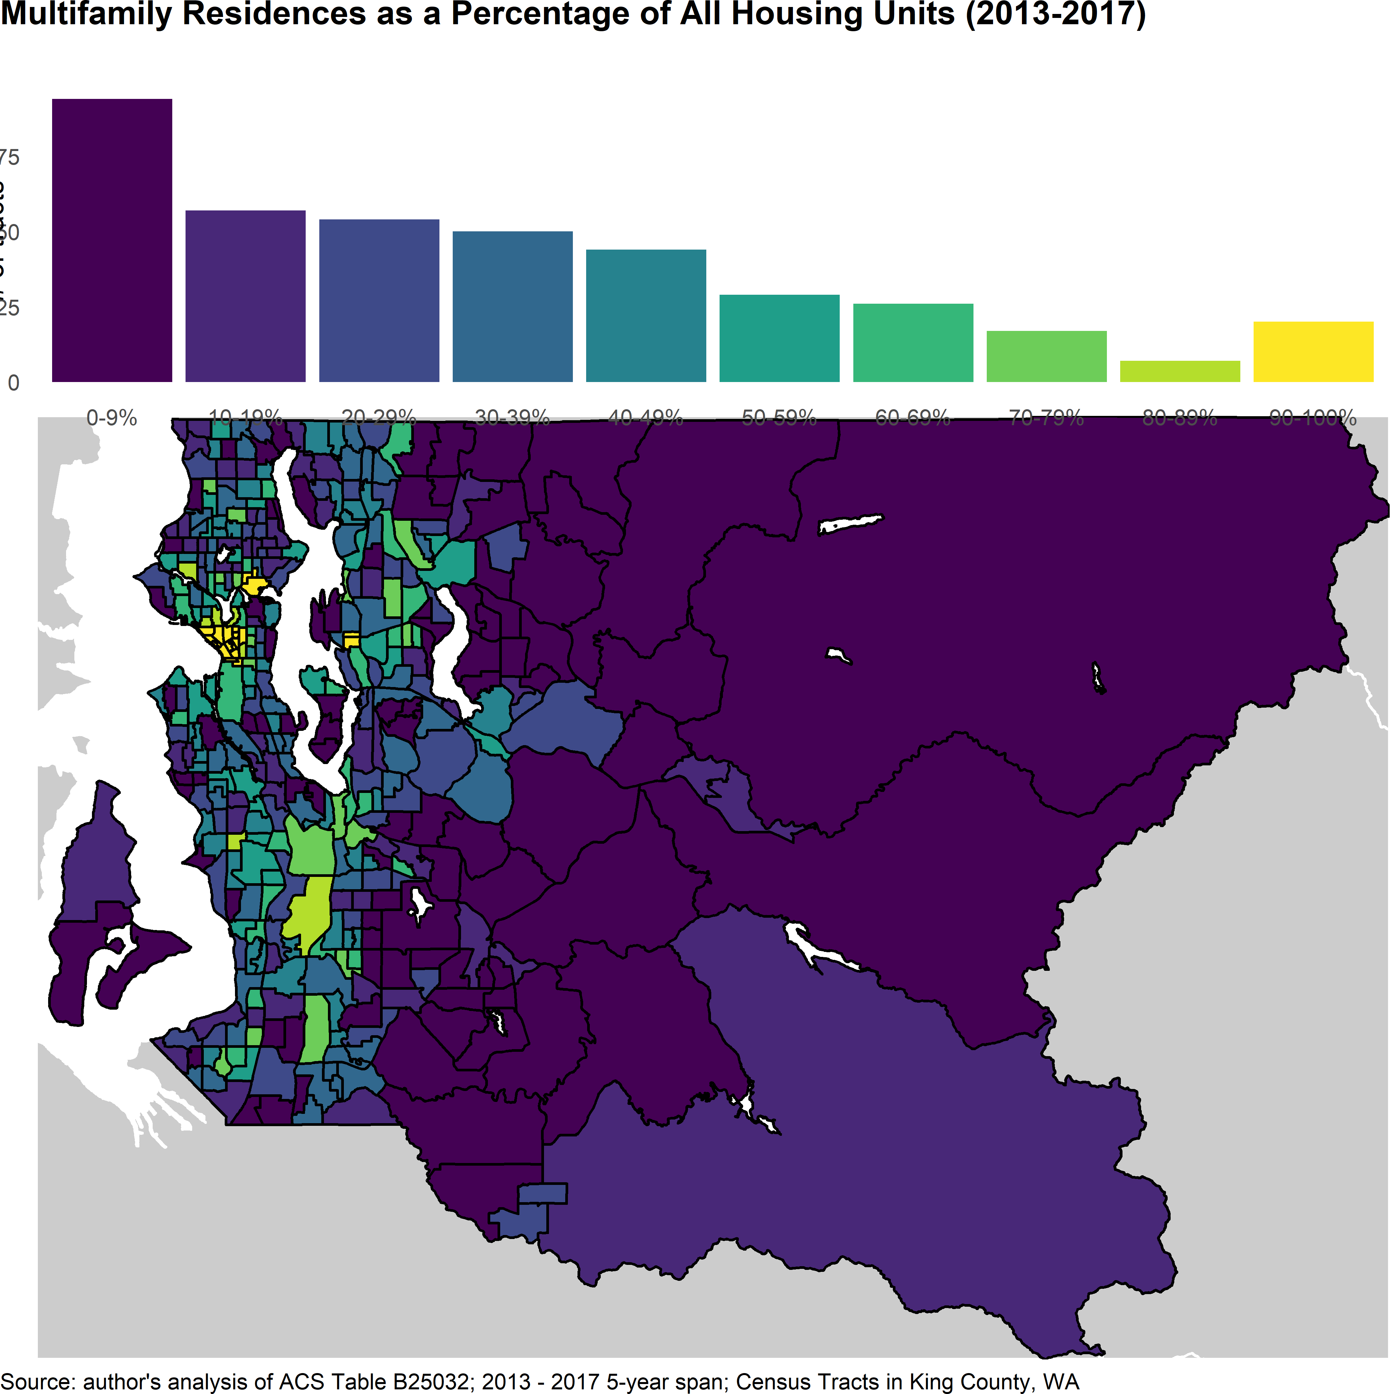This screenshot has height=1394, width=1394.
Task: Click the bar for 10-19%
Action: pyautogui.click(x=245, y=296)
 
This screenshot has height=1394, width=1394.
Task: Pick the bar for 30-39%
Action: pyautogui.click(x=512, y=307)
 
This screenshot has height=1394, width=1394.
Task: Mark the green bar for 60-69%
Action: pyautogui.click(x=913, y=343)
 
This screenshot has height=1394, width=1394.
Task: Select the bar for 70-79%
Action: pyautogui.click(x=1046, y=356)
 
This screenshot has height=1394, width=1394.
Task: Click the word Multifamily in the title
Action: pyautogui.click(x=87, y=14)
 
